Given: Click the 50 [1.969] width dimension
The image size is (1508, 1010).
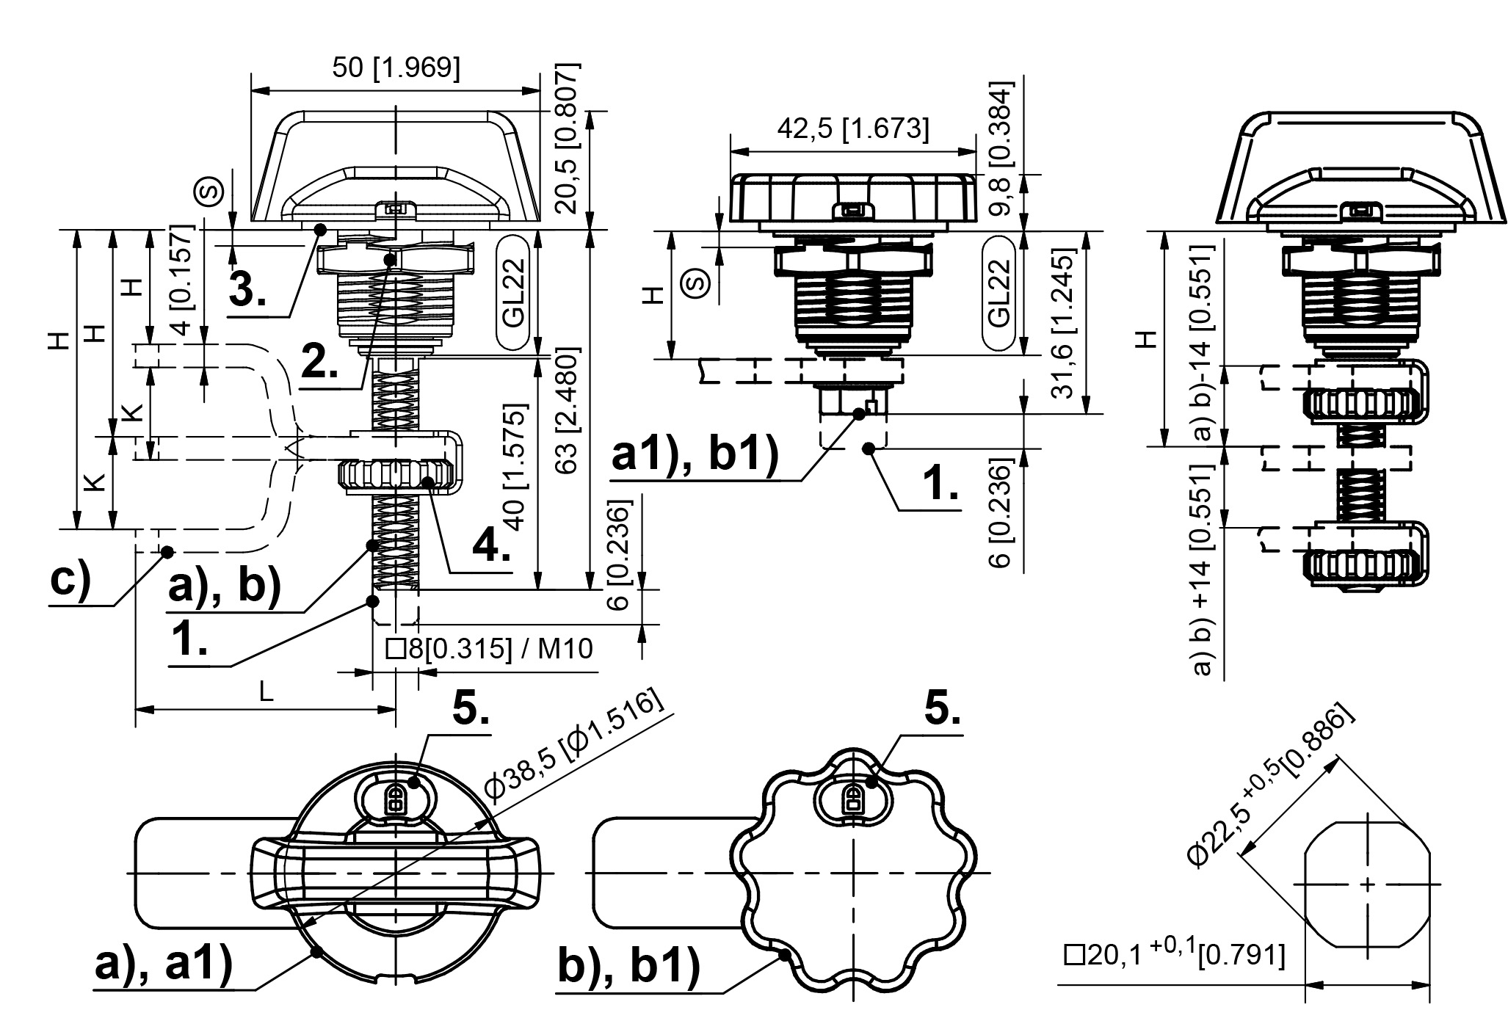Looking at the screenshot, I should click(396, 68).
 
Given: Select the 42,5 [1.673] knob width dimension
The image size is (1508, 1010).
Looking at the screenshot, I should click(852, 129).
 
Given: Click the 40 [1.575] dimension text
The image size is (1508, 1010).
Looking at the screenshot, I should click(516, 466).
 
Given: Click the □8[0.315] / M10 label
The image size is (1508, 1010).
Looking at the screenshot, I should click(489, 650).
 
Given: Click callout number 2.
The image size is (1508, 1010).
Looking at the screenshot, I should click(320, 361).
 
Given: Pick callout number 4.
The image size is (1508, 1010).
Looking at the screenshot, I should click(490, 546).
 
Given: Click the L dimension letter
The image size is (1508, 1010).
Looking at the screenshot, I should click(265, 692).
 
